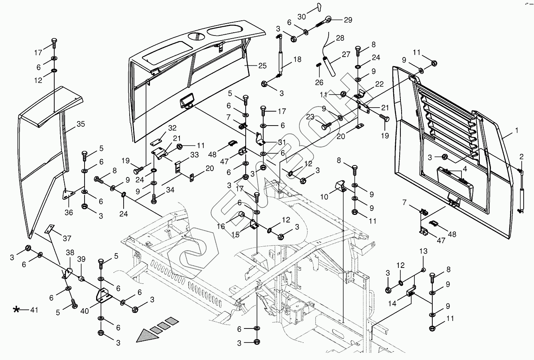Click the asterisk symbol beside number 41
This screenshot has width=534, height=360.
[16, 309]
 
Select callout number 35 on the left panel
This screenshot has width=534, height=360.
[81, 124]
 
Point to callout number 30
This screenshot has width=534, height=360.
[301, 17]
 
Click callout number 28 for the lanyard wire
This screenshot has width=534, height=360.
[339, 38]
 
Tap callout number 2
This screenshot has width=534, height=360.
[521, 156]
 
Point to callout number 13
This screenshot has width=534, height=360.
[423, 251]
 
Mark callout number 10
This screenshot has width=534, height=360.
[324, 197]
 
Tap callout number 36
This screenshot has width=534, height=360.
[69, 212]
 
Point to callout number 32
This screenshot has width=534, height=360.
[172, 128]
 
